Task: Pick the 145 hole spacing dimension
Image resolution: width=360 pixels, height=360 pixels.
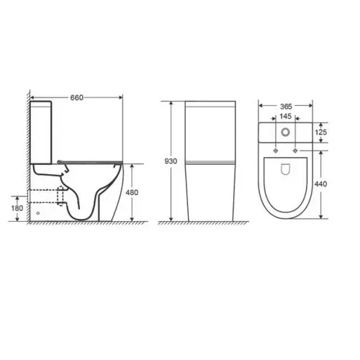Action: [x=287, y=117]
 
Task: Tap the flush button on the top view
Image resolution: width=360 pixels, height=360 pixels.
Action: [x=287, y=132]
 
